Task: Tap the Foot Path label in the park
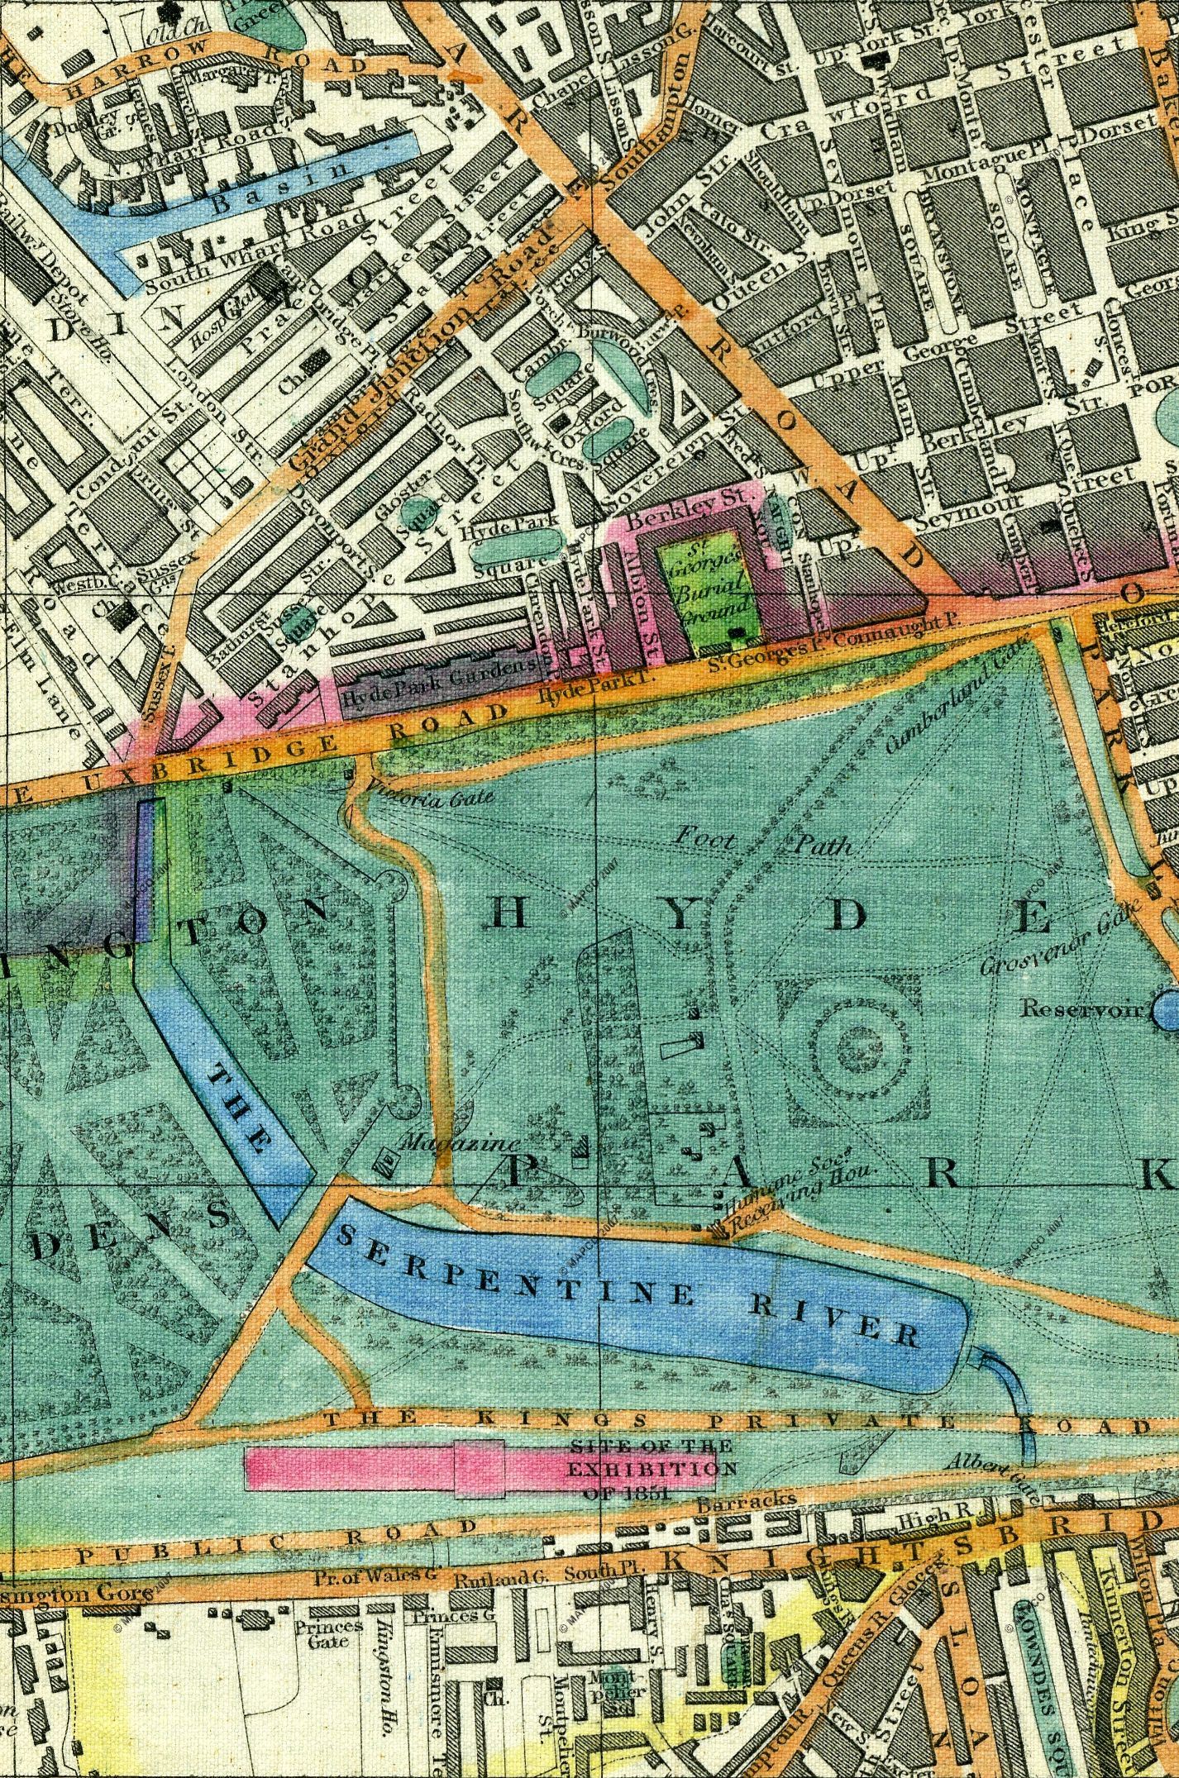coord(761,841)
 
